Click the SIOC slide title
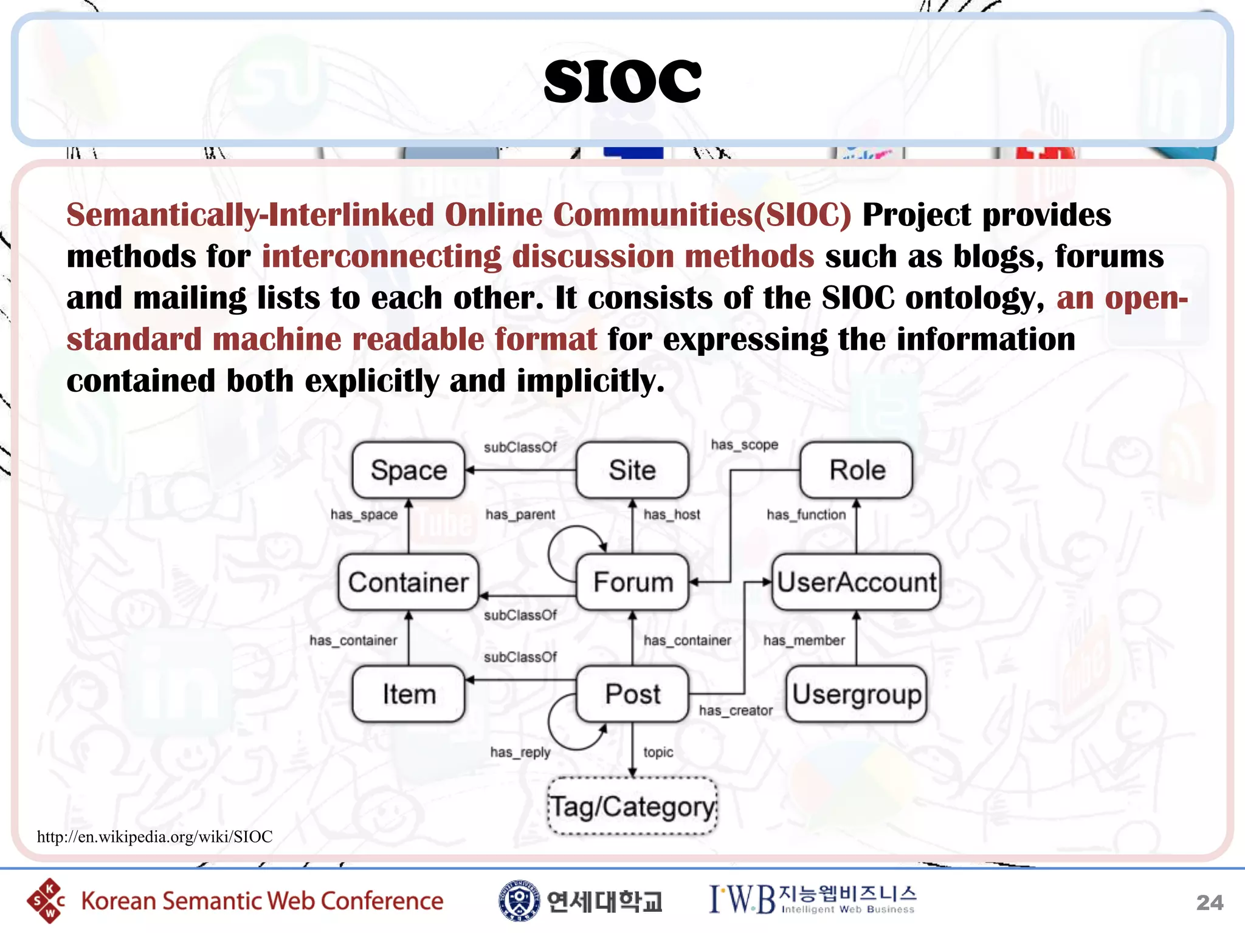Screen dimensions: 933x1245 click(622, 81)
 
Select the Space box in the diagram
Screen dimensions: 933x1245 click(409, 470)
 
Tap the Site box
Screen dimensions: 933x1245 click(632, 470)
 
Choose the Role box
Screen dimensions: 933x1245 click(857, 470)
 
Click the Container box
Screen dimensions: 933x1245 click(409, 582)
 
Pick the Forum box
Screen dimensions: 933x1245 click(632, 582)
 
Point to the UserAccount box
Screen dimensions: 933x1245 click(857, 582)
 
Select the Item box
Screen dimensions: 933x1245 click(409, 694)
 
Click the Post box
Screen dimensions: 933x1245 click(632, 694)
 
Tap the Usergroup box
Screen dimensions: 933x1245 click(857, 694)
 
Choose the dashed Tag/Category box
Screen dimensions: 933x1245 click(632, 806)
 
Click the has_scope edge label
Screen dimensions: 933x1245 click(745, 445)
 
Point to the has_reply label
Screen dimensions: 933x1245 click(520, 753)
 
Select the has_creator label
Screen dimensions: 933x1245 click(736, 711)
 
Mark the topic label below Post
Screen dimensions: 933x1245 click(658, 753)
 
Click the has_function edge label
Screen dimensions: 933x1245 click(806, 515)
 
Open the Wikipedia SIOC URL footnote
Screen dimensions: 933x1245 click(154, 837)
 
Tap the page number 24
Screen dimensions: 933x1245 click(1209, 903)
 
